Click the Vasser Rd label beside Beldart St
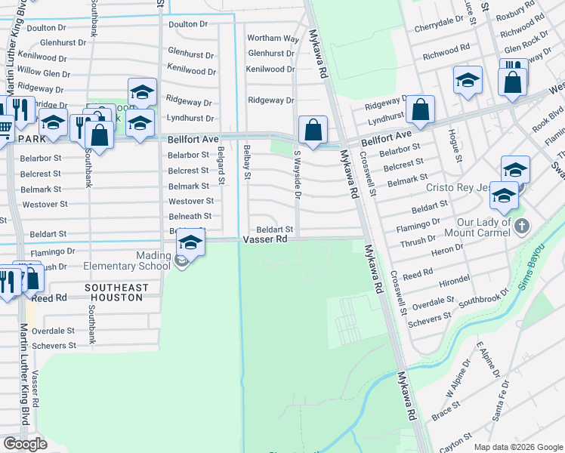[x=265, y=239]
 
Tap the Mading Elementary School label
[x=153, y=260]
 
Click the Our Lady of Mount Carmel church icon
[x=521, y=225]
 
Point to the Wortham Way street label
[x=273, y=39]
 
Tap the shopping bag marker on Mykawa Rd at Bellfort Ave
[x=313, y=130]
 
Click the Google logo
[x=26, y=444]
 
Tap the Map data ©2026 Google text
[x=518, y=446]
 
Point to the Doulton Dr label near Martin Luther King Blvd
[x=47, y=28]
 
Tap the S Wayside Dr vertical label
[x=297, y=174]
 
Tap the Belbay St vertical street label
[x=246, y=162]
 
